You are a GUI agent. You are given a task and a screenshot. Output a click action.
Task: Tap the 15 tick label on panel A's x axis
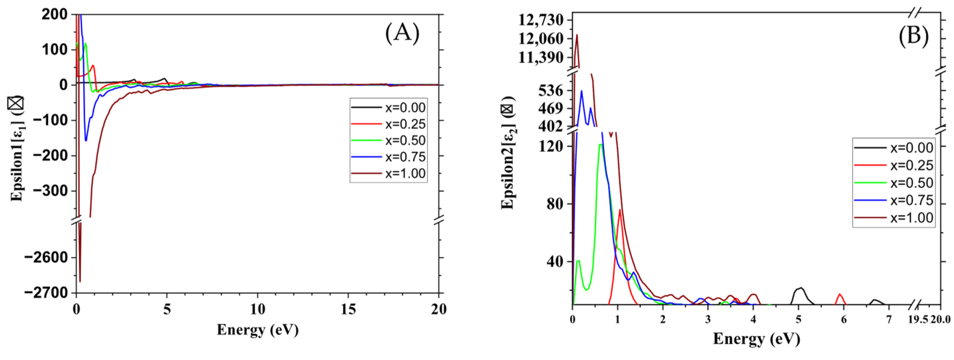[348, 309]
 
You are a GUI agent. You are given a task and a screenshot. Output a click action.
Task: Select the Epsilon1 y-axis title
[16, 148]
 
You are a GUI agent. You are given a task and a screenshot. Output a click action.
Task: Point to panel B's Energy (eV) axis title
[756, 339]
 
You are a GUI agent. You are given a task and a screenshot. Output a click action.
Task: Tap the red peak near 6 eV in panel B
[839, 294]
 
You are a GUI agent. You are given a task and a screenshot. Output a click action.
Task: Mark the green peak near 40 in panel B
[578, 261]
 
